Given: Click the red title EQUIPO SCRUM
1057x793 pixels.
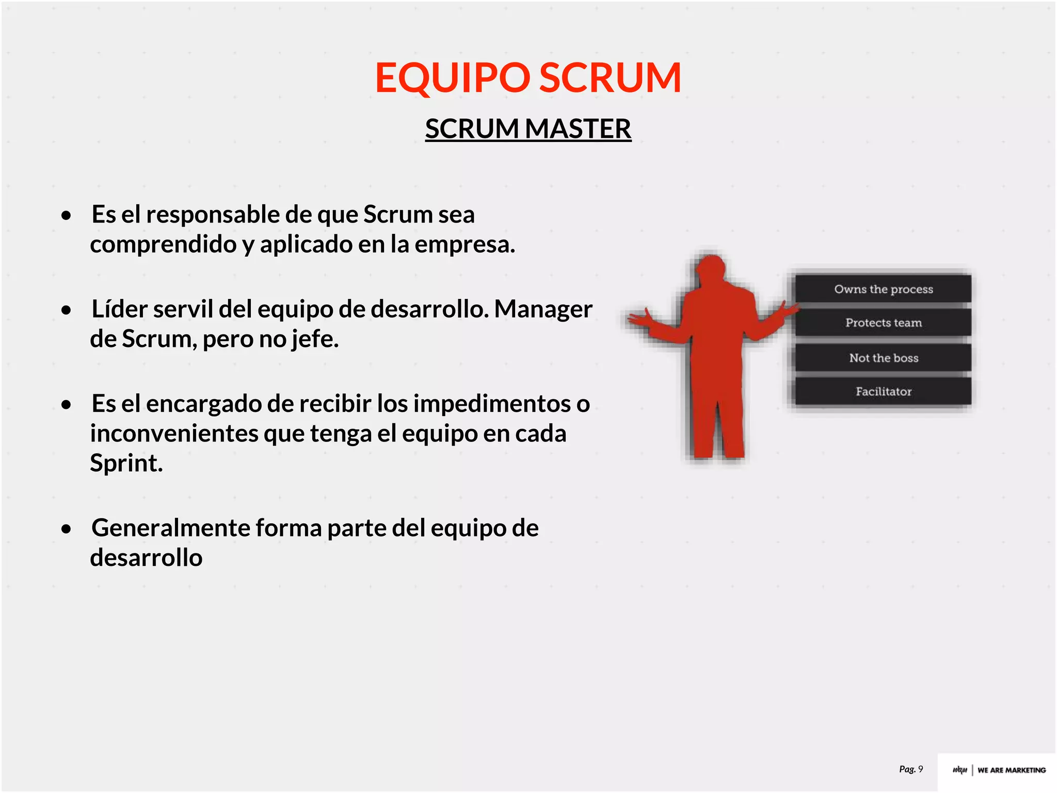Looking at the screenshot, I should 528,77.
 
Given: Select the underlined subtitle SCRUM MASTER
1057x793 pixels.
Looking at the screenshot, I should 528,129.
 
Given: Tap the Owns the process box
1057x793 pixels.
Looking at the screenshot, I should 883,289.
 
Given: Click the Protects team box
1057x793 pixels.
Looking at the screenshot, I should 883,323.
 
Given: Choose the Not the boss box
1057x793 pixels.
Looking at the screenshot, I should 883,358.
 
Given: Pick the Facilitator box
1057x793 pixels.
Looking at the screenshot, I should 883,391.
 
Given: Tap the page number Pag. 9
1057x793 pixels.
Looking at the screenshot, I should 911,769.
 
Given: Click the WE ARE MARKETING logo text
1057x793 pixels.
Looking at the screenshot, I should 1011,770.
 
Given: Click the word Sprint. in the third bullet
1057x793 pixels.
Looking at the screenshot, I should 126,463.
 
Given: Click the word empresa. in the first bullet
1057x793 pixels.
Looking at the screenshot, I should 465,244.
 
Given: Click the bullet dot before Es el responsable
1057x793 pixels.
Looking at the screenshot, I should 66,215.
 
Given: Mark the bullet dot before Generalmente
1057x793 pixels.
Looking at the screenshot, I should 66,529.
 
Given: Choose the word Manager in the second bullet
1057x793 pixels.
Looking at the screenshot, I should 543,309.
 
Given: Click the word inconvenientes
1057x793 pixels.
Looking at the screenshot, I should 174,434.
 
